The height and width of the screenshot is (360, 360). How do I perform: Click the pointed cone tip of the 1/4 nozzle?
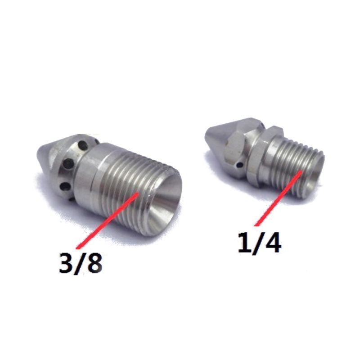pyautogui.click(x=208, y=134)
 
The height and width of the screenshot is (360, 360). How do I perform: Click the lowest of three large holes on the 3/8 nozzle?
pyautogui.click(x=66, y=185)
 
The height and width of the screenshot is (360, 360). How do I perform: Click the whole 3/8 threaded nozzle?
pyautogui.click(x=112, y=180)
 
